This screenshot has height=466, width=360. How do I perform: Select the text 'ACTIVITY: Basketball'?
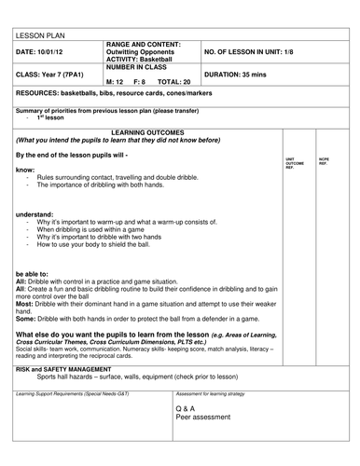[x=140, y=59]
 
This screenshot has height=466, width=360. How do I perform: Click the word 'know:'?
[x=25, y=170]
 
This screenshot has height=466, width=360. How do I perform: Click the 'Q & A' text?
[x=185, y=409]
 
